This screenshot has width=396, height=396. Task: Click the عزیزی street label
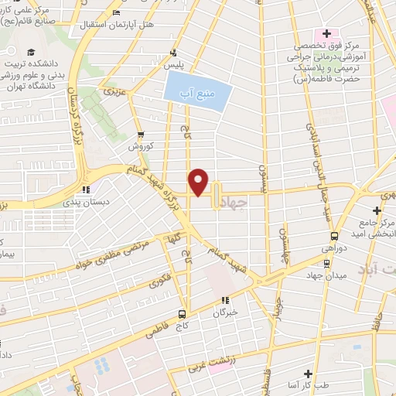point(116,92)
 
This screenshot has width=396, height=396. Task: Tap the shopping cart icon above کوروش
point(139,135)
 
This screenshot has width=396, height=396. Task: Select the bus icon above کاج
point(182,314)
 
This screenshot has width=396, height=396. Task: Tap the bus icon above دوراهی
point(334,237)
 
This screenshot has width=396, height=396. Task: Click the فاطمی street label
point(155,333)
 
